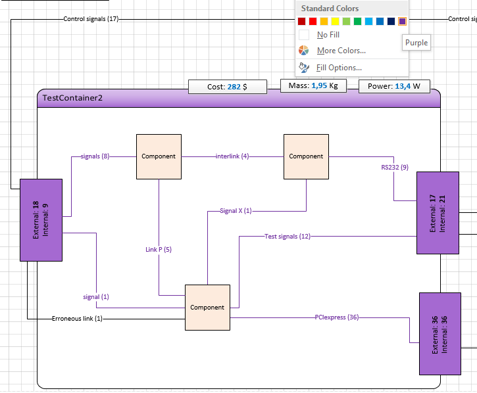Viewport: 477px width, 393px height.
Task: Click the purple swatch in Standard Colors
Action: (x=402, y=21)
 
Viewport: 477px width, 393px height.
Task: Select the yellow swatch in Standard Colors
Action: (x=336, y=21)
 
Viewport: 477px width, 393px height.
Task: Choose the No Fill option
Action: (x=328, y=35)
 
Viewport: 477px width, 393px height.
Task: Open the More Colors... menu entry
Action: (x=341, y=51)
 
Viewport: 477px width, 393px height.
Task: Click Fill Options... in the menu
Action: (x=339, y=68)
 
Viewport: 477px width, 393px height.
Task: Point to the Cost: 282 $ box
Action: (x=228, y=87)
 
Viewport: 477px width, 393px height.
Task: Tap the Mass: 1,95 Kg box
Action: (x=313, y=85)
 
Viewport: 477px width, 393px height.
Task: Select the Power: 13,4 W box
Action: (x=394, y=86)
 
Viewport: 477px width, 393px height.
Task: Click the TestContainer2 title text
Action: (x=72, y=98)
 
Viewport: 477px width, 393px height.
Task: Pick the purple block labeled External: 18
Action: (x=41, y=220)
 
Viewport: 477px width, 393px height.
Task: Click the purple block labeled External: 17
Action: (x=438, y=213)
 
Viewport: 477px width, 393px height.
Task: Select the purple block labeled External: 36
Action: (x=440, y=334)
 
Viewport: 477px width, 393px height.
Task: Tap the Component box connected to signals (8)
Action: (x=159, y=156)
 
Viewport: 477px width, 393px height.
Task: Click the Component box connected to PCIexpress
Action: (x=207, y=308)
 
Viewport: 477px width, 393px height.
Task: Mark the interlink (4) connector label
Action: (x=232, y=156)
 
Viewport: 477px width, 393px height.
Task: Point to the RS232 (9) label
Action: (x=395, y=167)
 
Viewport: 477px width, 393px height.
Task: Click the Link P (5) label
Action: (x=159, y=250)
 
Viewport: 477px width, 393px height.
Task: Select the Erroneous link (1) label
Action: (x=77, y=319)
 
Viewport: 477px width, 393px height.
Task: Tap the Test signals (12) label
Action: (x=288, y=237)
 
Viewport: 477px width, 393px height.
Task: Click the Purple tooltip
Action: (x=416, y=43)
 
